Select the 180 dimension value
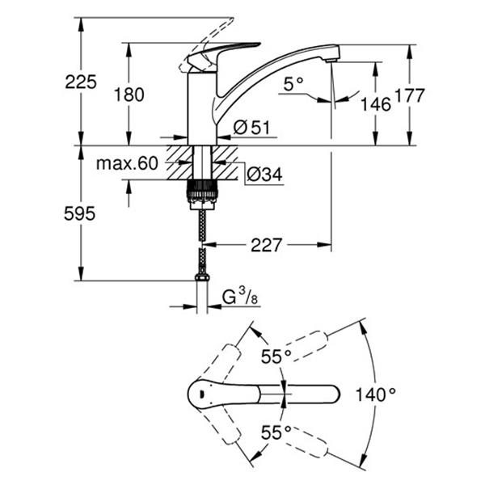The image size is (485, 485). pyautogui.click(x=129, y=95)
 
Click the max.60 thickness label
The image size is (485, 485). pyautogui.click(x=125, y=163)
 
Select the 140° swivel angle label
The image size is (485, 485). pyautogui.click(x=376, y=394)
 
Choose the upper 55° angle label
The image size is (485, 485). pyautogui.click(x=276, y=356)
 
